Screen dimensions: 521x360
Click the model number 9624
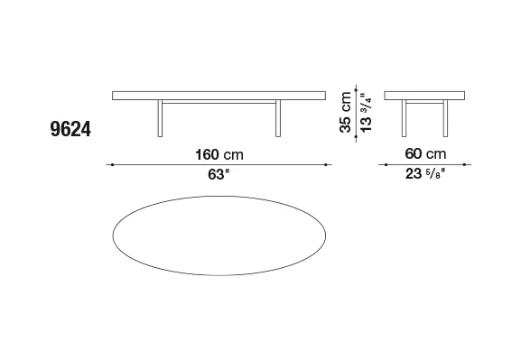(70, 129)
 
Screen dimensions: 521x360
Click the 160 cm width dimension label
(219, 155)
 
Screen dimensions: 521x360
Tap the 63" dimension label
(219, 174)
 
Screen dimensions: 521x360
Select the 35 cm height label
(346, 112)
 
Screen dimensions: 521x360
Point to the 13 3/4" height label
(366, 112)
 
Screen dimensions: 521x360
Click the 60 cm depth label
(425, 153)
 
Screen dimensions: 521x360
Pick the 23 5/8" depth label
(425, 174)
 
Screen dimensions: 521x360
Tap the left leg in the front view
(160, 118)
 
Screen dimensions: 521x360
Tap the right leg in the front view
(278, 118)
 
